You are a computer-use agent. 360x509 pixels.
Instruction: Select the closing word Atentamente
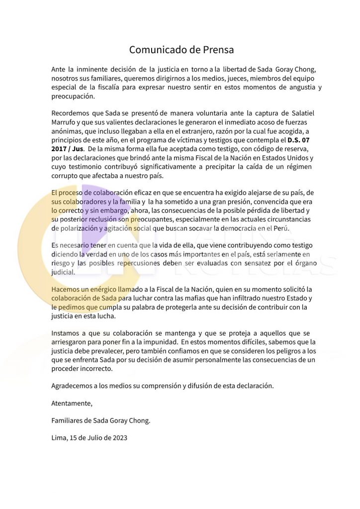click(x=72, y=403)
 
